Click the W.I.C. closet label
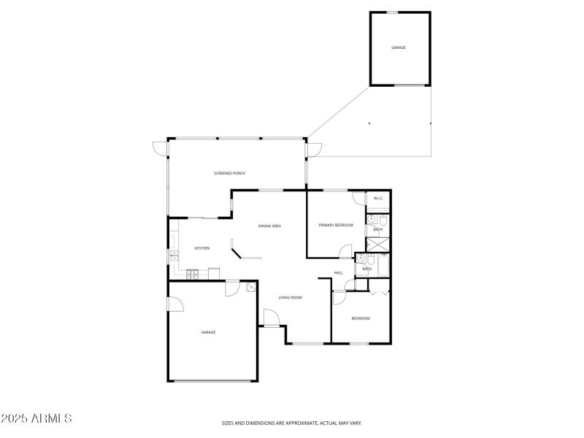pos(379,199)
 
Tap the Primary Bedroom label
pos(336,225)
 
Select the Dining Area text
pos(270,226)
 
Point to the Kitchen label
pos(202,248)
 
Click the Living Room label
pos(291,298)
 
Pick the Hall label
pos(339,273)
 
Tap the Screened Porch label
pos(229,173)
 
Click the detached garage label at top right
pos(399,47)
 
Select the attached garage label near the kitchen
pos(209,332)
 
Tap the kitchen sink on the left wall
pos(174,255)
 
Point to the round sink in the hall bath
pos(361,258)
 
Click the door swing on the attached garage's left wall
pos(174,302)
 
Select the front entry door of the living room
pos(269,318)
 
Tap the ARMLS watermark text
pos(36,419)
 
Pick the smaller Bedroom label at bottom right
pos(361,318)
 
